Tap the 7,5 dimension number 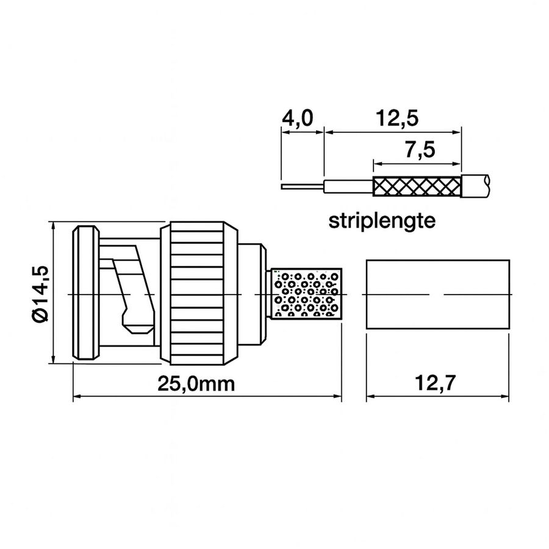coord(419,151)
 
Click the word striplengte coord(382,220)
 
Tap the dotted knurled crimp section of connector coord(305,294)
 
